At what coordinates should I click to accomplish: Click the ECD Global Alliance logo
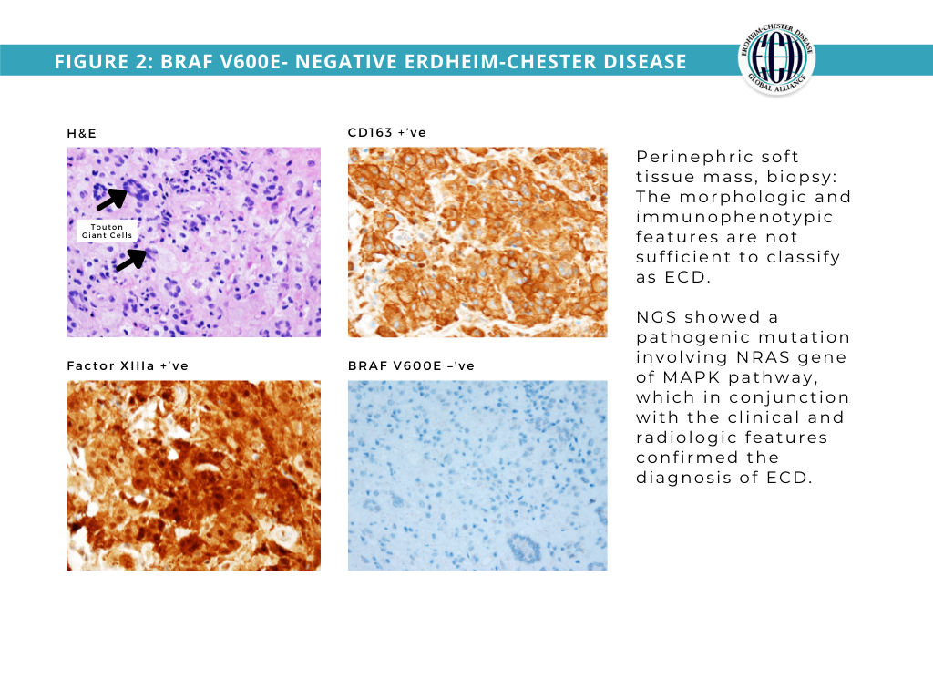[776, 61]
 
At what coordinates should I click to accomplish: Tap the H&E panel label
[81, 133]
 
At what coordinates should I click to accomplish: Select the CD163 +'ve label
[386, 132]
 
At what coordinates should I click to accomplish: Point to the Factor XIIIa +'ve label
[128, 365]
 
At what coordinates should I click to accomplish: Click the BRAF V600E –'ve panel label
[411, 365]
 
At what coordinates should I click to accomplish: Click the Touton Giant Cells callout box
[108, 231]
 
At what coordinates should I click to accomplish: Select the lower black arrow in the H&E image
[130, 260]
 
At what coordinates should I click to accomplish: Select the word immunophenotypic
[734, 217]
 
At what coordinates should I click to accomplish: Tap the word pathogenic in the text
[684, 337]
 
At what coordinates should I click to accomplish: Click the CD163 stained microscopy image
[477, 242]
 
